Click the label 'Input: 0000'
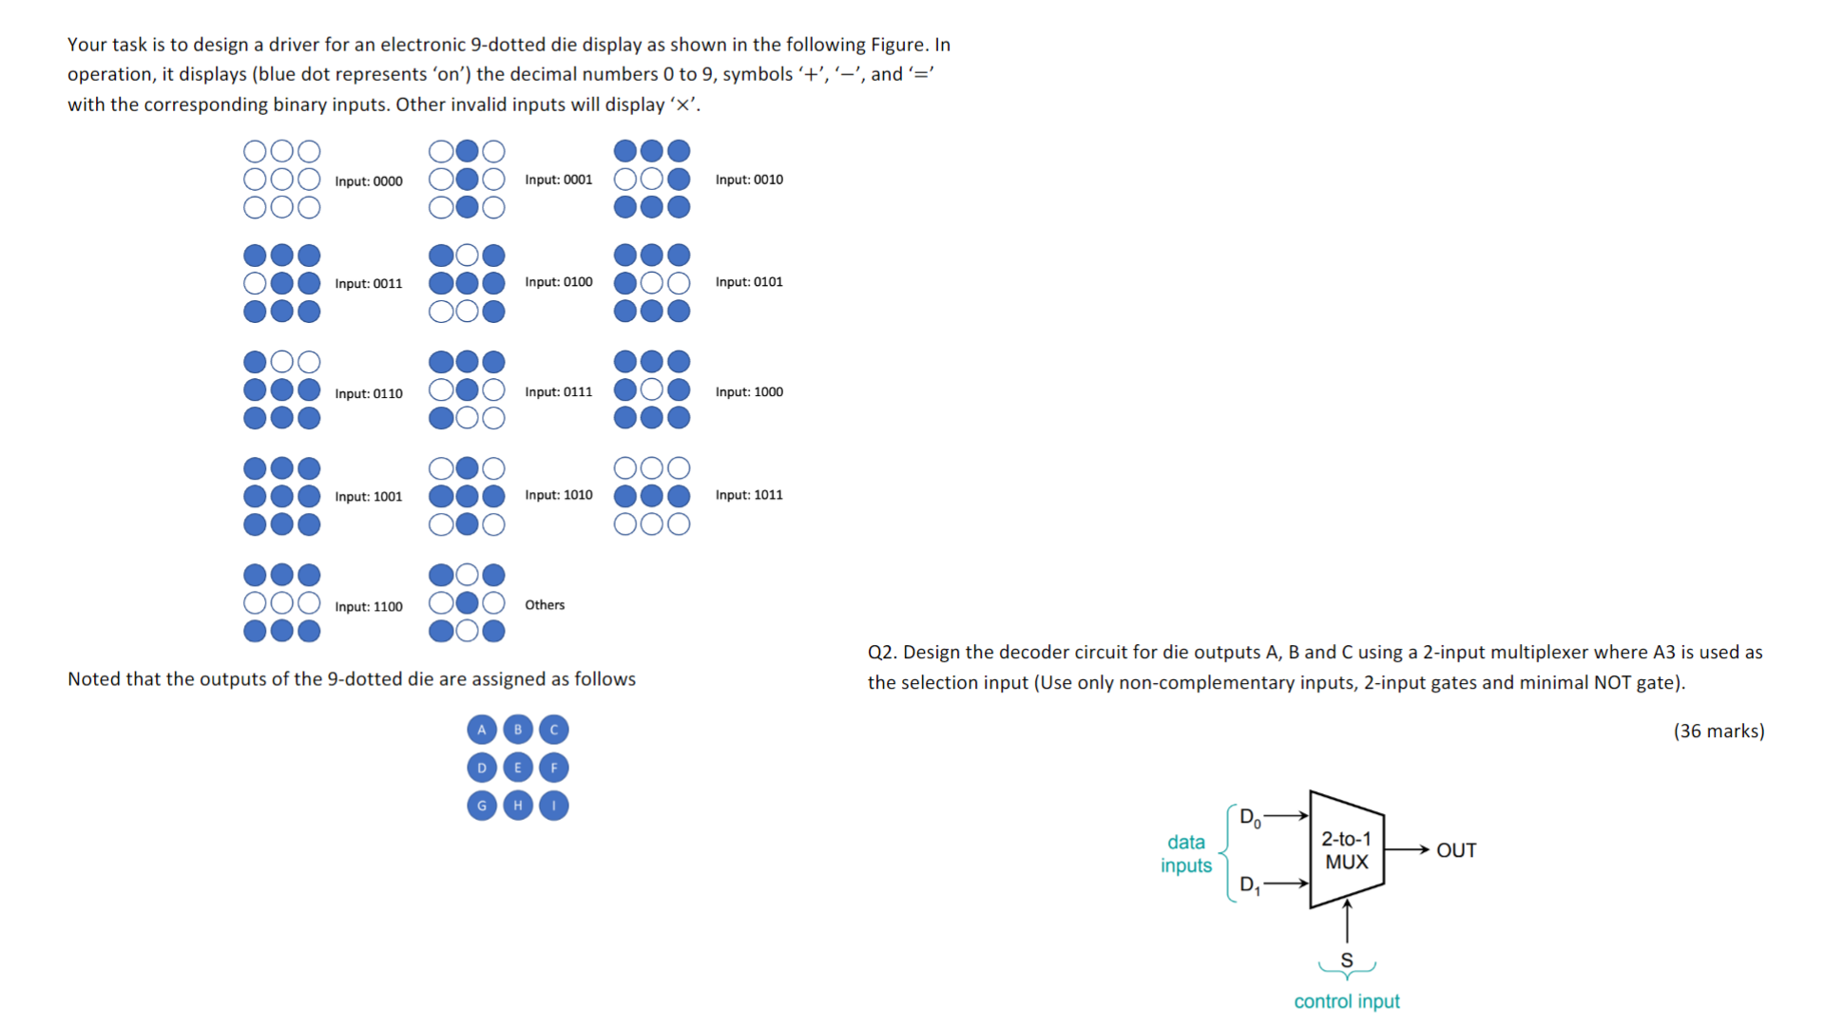pyautogui.click(x=368, y=181)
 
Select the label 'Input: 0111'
pyautogui.click(x=558, y=391)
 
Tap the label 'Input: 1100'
pyautogui.click(x=368, y=606)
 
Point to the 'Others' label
pyautogui.click(x=545, y=605)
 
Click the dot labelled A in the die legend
pyautogui.click(x=482, y=730)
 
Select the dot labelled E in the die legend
pyautogui.click(x=518, y=768)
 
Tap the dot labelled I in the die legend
pyautogui.click(x=554, y=806)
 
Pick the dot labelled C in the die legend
pyautogui.click(x=554, y=730)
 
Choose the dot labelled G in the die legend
pyautogui.click(x=482, y=806)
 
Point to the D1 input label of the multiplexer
pyautogui.click(x=1249, y=885)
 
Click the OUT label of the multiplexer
pyautogui.click(x=1456, y=850)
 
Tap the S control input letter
pyautogui.click(x=1347, y=960)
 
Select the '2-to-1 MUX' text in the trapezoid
pyautogui.click(x=1347, y=850)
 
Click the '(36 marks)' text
pyautogui.click(x=1719, y=731)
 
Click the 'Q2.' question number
pyautogui.click(x=882, y=653)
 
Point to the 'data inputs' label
pyautogui.click(x=1186, y=853)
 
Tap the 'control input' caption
pyautogui.click(x=1347, y=1001)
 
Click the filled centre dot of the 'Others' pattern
pyautogui.click(x=467, y=602)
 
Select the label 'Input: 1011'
pyautogui.click(x=749, y=495)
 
